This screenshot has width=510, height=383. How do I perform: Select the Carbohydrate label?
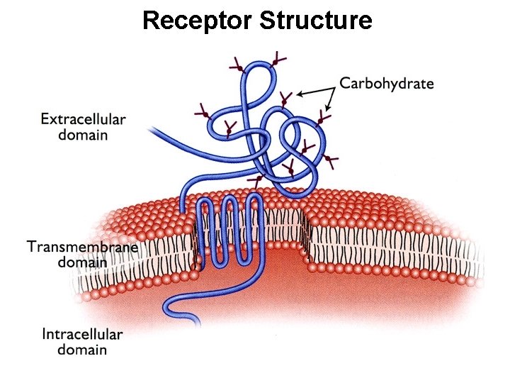[386, 84]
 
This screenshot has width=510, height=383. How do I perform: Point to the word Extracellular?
[83, 119]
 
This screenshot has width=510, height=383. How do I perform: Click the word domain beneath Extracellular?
[83, 135]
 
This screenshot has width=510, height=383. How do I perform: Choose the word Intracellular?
[82, 334]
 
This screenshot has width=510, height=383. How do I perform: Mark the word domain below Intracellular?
[82, 350]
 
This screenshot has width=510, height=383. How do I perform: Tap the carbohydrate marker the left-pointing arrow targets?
[285, 99]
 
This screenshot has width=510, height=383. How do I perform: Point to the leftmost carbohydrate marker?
[203, 112]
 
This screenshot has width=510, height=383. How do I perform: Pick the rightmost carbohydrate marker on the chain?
[331, 162]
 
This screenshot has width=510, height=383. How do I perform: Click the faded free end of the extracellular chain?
[152, 129]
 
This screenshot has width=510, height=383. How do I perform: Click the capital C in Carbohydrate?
[346, 84]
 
